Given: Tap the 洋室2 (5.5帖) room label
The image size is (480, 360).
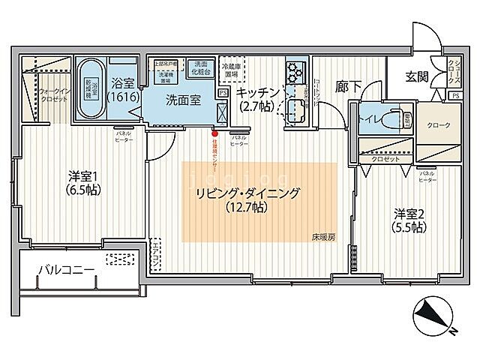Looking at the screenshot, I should [x=409, y=220].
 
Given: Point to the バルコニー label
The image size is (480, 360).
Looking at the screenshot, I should [x=67, y=269].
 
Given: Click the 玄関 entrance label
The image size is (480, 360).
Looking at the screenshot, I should [x=418, y=76].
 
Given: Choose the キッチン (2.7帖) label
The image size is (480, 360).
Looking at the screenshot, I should [x=258, y=99].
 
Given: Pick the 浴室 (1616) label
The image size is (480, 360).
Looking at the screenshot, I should [x=121, y=90].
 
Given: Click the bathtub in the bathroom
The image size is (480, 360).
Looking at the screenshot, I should [x=91, y=87].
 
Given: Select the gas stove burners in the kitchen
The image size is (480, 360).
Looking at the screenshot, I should [x=293, y=73].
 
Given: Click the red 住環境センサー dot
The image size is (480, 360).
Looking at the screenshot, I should [x=214, y=136].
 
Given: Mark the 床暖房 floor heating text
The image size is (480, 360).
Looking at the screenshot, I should [x=324, y=238].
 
